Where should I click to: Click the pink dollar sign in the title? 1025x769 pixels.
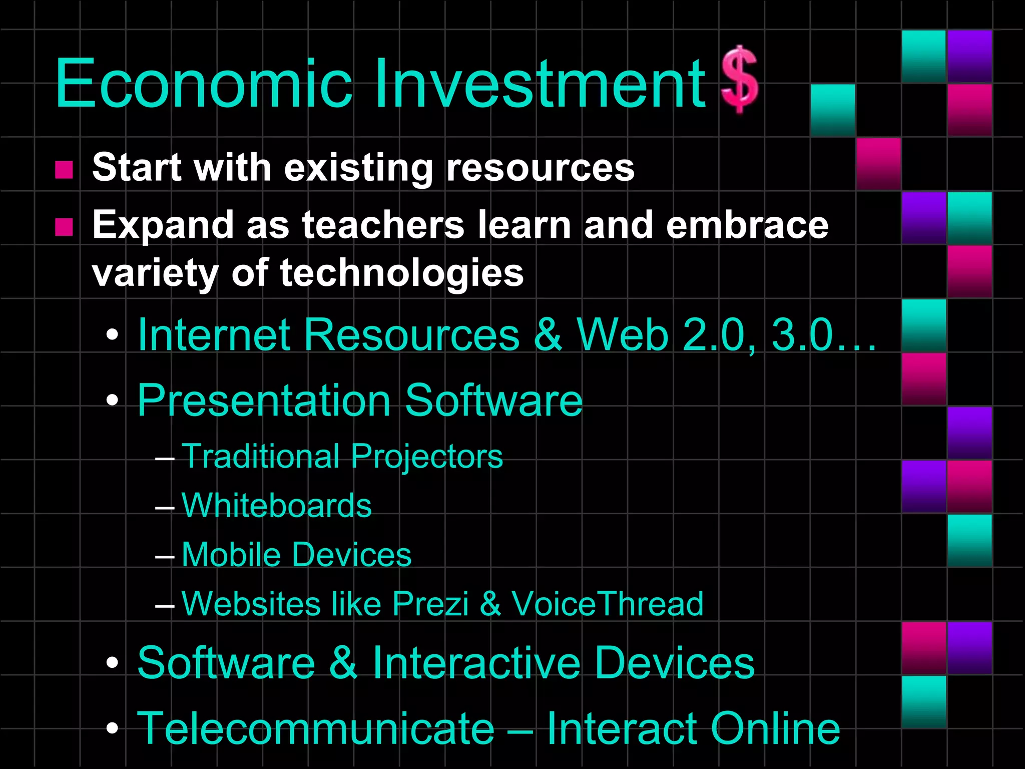pyautogui.click(x=739, y=80)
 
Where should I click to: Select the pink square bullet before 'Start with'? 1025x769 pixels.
pyautogui.click(x=64, y=170)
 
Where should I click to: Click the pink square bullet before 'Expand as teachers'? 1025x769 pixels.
pyautogui.click(x=64, y=227)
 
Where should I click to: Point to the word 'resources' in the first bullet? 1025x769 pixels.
pyautogui.click(x=540, y=168)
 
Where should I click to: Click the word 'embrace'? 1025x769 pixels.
pyautogui.click(x=747, y=225)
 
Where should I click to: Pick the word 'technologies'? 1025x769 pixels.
pyautogui.click(x=402, y=274)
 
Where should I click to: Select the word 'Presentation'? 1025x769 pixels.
pyautogui.click(x=264, y=401)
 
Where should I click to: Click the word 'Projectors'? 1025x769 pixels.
pyautogui.click(x=426, y=457)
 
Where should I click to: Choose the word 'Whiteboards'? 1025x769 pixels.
pyautogui.click(x=277, y=506)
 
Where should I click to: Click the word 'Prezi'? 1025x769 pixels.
pyautogui.click(x=430, y=604)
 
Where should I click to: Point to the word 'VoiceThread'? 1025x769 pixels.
pyautogui.click(x=607, y=604)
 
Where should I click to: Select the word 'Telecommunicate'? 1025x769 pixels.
pyautogui.click(x=316, y=729)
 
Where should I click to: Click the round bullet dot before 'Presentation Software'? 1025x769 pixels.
pyautogui.click(x=113, y=400)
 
